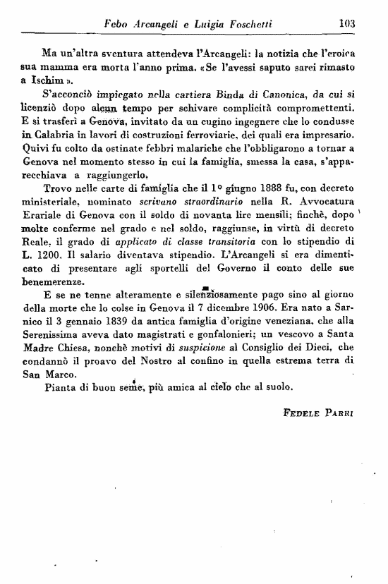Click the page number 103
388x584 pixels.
tap(347, 23)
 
